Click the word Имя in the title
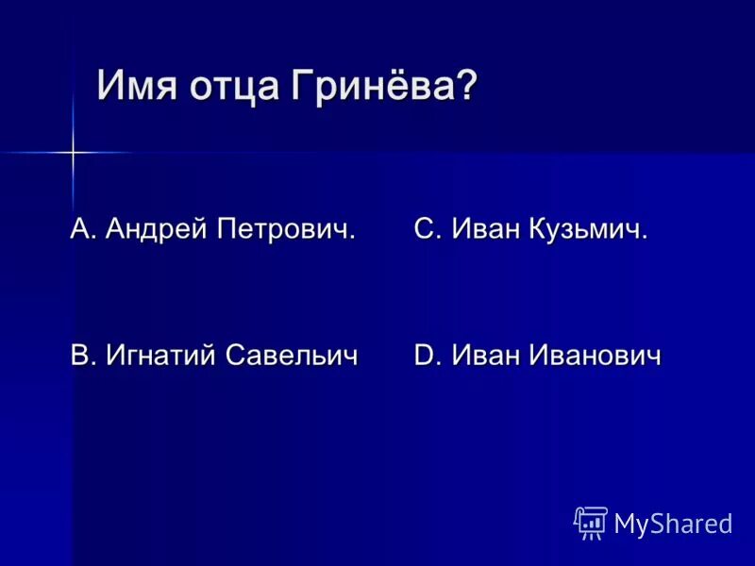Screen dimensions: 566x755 pos(136,88)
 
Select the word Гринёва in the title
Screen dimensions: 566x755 pos(372,88)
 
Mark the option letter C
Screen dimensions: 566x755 pos(423,228)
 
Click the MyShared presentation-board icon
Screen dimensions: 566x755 pos(591,523)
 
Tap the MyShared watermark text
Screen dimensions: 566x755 pos(673,524)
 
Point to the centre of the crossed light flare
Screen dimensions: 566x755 pos(72,151)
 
